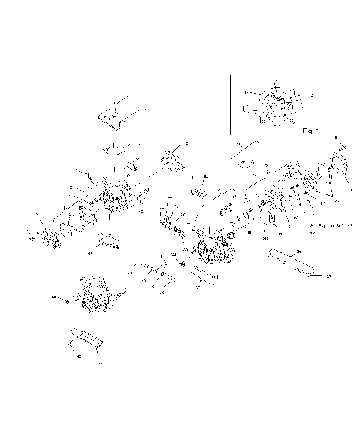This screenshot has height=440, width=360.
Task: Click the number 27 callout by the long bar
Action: (327, 276)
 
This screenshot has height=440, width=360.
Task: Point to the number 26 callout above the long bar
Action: (298, 250)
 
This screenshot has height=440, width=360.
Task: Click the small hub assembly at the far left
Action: (49, 235)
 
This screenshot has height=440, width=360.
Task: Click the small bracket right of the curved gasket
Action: (136, 161)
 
